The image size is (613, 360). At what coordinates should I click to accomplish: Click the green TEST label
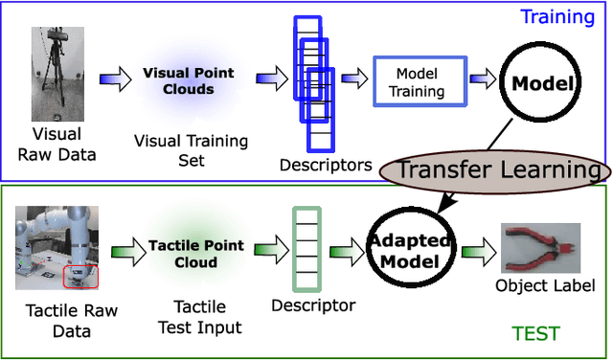[535, 333]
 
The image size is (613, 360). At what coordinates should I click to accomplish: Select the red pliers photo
[540, 249]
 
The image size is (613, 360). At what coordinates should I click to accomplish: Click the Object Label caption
[546, 286]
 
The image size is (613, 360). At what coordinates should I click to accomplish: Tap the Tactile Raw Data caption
[58, 322]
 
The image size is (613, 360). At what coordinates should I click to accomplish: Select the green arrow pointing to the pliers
[475, 253]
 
